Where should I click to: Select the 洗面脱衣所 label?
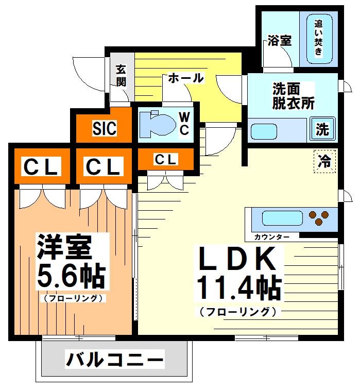tap(293, 96)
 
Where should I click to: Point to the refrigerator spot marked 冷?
tap(325, 161)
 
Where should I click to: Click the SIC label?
tap(105, 128)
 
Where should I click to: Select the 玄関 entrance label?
tap(121, 75)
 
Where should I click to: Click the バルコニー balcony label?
tap(114, 359)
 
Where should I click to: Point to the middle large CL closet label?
tap(104, 167)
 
